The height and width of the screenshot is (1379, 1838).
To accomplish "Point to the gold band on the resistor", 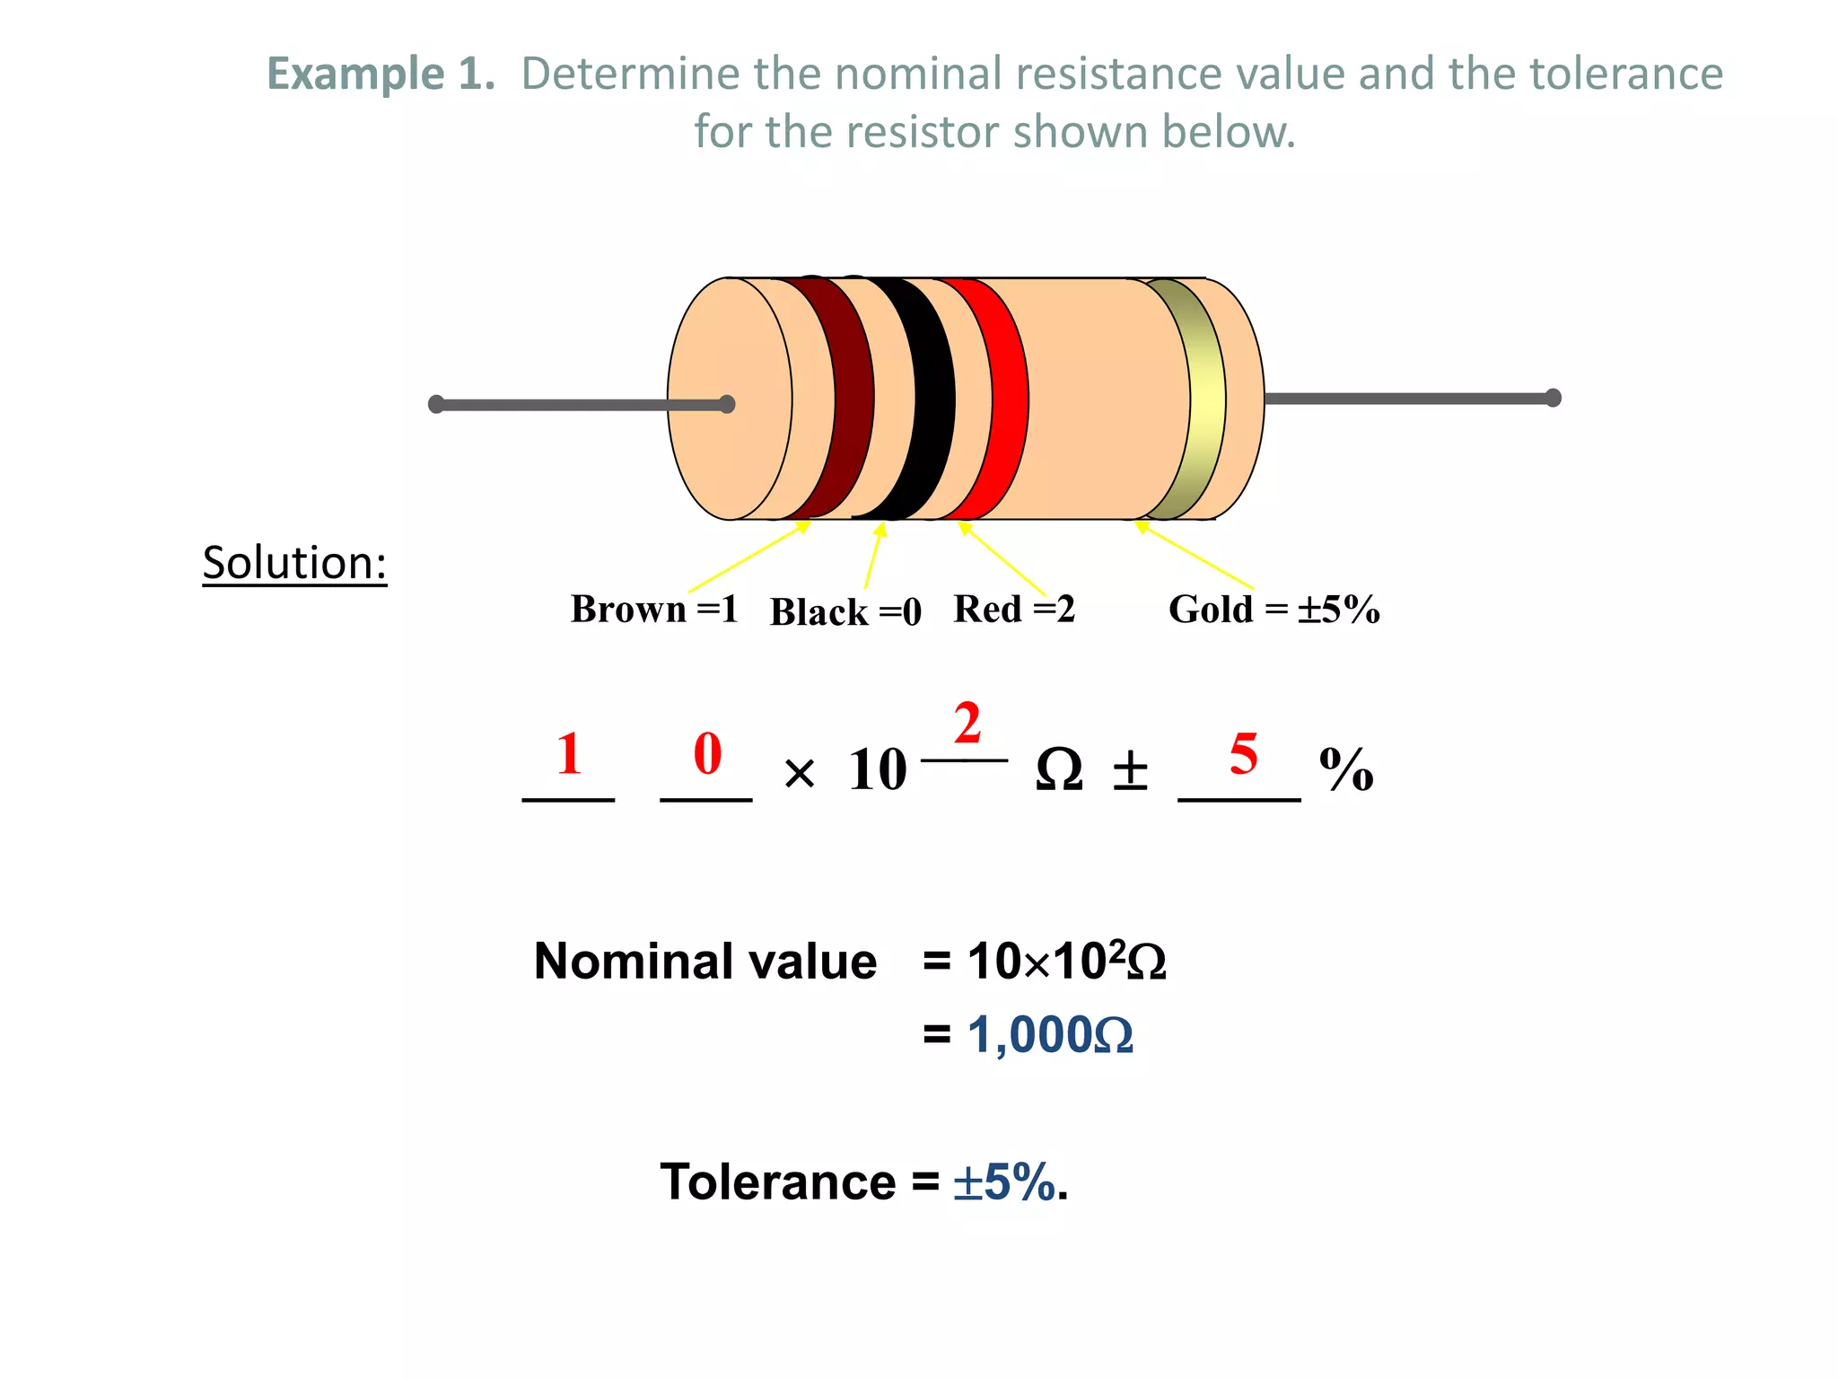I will coord(1206,399).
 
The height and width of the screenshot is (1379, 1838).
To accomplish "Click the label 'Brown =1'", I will coord(653,610).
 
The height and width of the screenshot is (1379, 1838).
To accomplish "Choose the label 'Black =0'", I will coord(845,612).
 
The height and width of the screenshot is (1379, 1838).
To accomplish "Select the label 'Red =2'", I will coord(1013,610).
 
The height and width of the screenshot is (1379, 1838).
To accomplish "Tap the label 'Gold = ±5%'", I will coord(1273,610).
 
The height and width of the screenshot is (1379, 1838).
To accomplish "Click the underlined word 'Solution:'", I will coord(294,563).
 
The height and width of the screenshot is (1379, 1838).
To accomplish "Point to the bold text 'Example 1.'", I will coord(381,74).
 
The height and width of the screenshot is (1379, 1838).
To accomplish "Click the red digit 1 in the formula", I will coord(569,754).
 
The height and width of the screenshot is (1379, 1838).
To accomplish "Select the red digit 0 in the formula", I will coord(707,754).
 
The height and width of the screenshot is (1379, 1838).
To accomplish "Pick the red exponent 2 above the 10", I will coord(967,724).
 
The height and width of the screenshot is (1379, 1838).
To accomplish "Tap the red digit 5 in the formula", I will coord(1243,754).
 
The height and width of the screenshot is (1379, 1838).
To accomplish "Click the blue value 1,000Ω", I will coord(1050,1035).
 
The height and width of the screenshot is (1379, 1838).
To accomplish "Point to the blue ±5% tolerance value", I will coord(1003,1181).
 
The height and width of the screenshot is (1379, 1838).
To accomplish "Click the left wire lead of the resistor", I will coord(574,405).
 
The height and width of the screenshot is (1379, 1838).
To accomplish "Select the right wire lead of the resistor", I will coord(1409,398).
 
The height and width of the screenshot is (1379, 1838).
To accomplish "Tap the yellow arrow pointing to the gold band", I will coord(1195,556).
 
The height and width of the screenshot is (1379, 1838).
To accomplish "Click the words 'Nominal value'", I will coord(705,962).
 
